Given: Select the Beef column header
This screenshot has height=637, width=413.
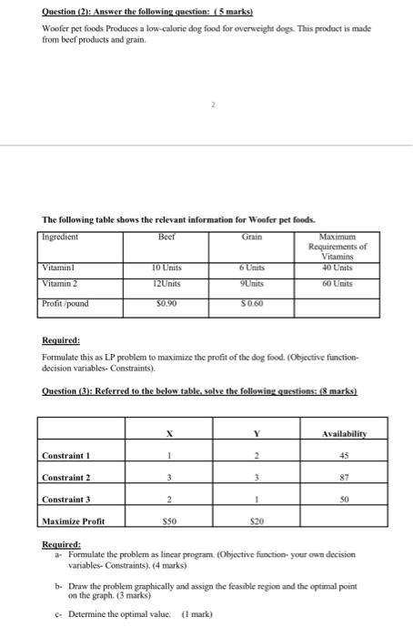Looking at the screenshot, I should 165,235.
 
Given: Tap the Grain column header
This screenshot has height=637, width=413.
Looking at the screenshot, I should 252,235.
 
